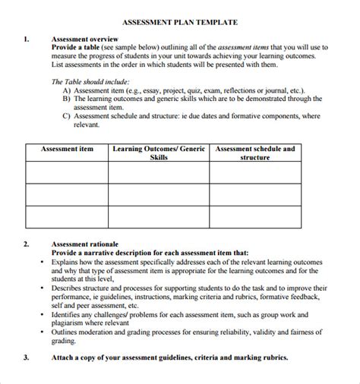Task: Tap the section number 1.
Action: [x=27, y=37]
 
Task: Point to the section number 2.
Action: [x=27, y=244]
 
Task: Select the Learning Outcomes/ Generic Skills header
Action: [x=159, y=153]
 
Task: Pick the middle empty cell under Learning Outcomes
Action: [x=159, y=195]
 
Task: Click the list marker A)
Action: [x=68, y=89]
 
